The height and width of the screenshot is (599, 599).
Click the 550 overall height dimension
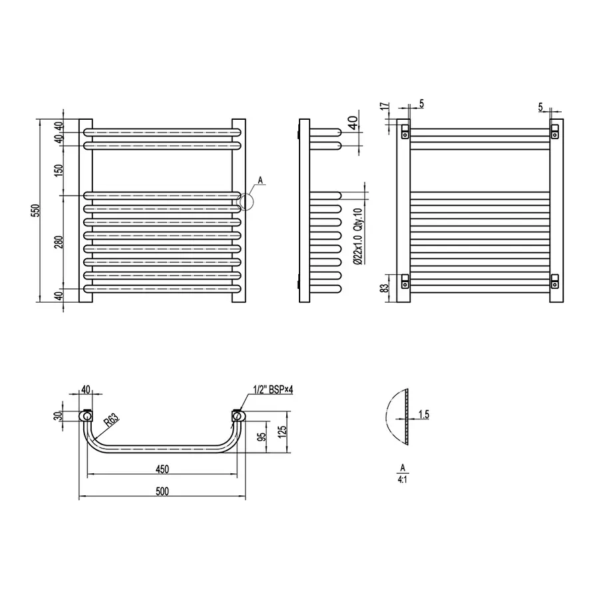(x=35, y=211)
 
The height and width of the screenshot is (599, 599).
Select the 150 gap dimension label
(x=59, y=170)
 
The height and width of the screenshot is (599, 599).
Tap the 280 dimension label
(x=59, y=242)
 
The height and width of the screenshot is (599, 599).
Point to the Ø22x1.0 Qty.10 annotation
(x=357, y=236)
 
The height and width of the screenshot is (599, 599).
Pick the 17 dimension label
(x=385, y=106)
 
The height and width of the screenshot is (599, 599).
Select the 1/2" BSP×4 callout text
(x=273, y=389)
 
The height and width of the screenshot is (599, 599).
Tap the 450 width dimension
(x=162, y=469)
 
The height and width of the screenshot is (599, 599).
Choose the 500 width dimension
(x=162, y=491)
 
